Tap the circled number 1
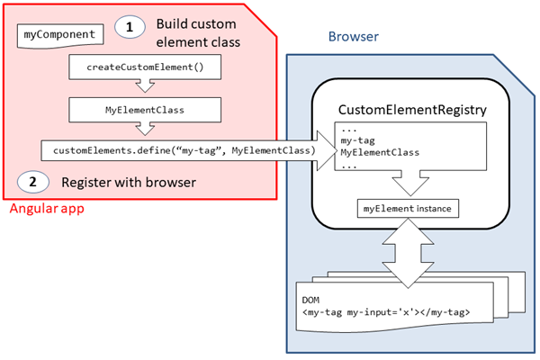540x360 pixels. click(x=130, y=28)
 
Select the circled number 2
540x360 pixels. click(x=32, y=181)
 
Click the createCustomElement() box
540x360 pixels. click(x=144, y=67)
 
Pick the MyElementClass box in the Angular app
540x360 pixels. click(x=144, y=110)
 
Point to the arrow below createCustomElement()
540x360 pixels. click(x=144, y=87)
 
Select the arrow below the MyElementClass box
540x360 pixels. click(x=144, y=130)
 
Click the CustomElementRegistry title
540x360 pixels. click(x=412, y=110)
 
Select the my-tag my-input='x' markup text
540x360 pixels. click(x=385, y=312)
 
